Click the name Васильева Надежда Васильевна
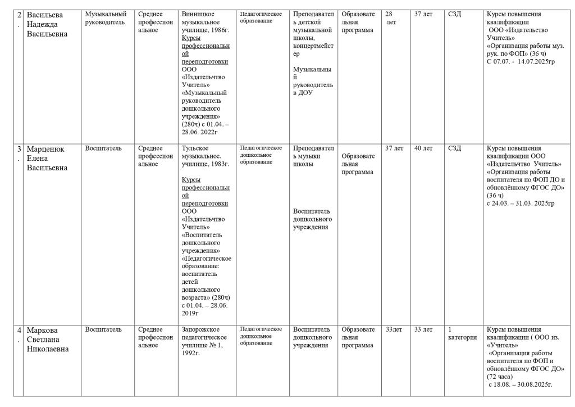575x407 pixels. (48, 24)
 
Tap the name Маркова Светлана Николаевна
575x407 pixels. (48, 339)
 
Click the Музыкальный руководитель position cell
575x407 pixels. (106, 17)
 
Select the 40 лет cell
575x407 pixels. (423, 148)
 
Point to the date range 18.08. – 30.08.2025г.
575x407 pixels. (521, 384)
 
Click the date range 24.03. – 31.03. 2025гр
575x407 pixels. (520, 203)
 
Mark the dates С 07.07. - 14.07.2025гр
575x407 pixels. (520, 61)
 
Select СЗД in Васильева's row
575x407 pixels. (454, 13)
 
